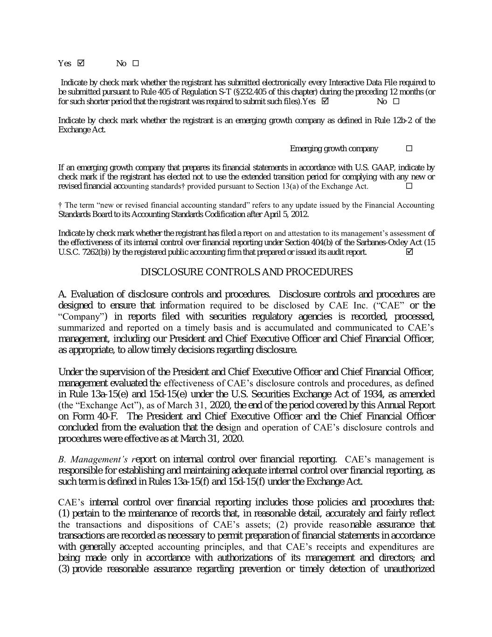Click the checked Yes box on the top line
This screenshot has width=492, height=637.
(81, 63)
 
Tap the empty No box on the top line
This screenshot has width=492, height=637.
(136, 63)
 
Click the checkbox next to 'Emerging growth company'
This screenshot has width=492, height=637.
(409, 148)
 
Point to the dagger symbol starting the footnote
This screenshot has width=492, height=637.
(61, 205)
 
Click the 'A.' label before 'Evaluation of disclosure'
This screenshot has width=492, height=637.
(63, 294)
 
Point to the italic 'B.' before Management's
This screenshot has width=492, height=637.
(62, 460)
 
